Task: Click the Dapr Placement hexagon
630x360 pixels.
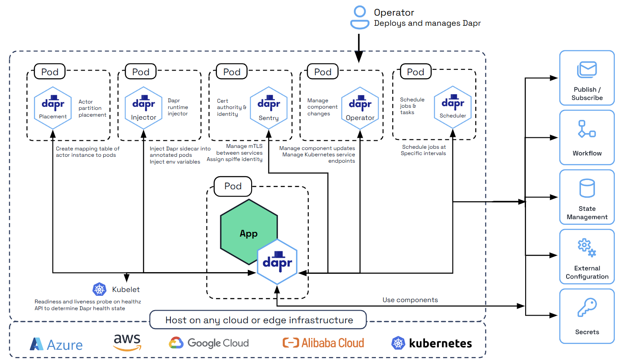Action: [53, 108]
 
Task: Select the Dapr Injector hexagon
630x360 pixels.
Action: [144, 108]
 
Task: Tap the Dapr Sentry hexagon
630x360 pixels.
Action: [268, 108]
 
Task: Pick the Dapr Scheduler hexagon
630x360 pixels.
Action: [453, 107]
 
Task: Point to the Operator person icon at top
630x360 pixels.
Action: [360, 17]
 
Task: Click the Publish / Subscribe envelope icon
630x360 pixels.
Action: [587, 70]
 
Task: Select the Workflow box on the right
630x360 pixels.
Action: [587, 137]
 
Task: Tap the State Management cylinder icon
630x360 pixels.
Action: [587, 188]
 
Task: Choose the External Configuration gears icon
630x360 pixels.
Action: [587, 248]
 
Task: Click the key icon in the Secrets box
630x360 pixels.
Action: [587, 307]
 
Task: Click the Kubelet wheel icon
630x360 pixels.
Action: [99, 289]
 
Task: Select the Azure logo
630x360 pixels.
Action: [56, 344]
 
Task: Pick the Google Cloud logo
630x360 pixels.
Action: [209, 343]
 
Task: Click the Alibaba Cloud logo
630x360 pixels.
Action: [323, 343]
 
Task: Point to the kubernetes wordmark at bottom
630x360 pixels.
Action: [440, 343]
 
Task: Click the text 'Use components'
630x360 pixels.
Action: [410, 300]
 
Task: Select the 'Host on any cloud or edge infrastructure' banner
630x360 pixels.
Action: [259, 320]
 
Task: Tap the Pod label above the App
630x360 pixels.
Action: [233, 186]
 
